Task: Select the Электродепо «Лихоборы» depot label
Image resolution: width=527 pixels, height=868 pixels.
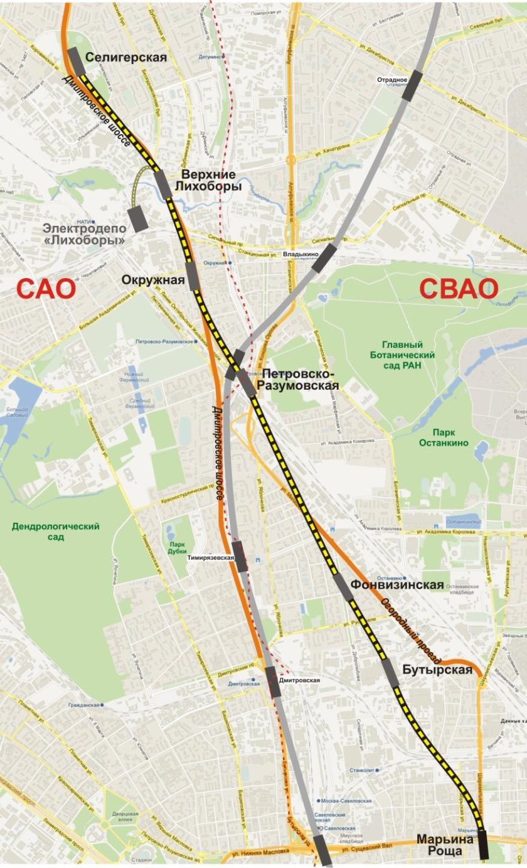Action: coord(84,234)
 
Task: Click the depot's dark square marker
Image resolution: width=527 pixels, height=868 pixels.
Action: coord(137,219)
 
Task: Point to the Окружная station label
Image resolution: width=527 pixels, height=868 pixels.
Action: coord(153,280)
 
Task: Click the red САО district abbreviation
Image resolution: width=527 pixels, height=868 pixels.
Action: coord(46,289)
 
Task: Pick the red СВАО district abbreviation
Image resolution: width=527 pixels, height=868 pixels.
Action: coord(459,288)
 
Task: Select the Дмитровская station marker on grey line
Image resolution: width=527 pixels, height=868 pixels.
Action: coord(273,682)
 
